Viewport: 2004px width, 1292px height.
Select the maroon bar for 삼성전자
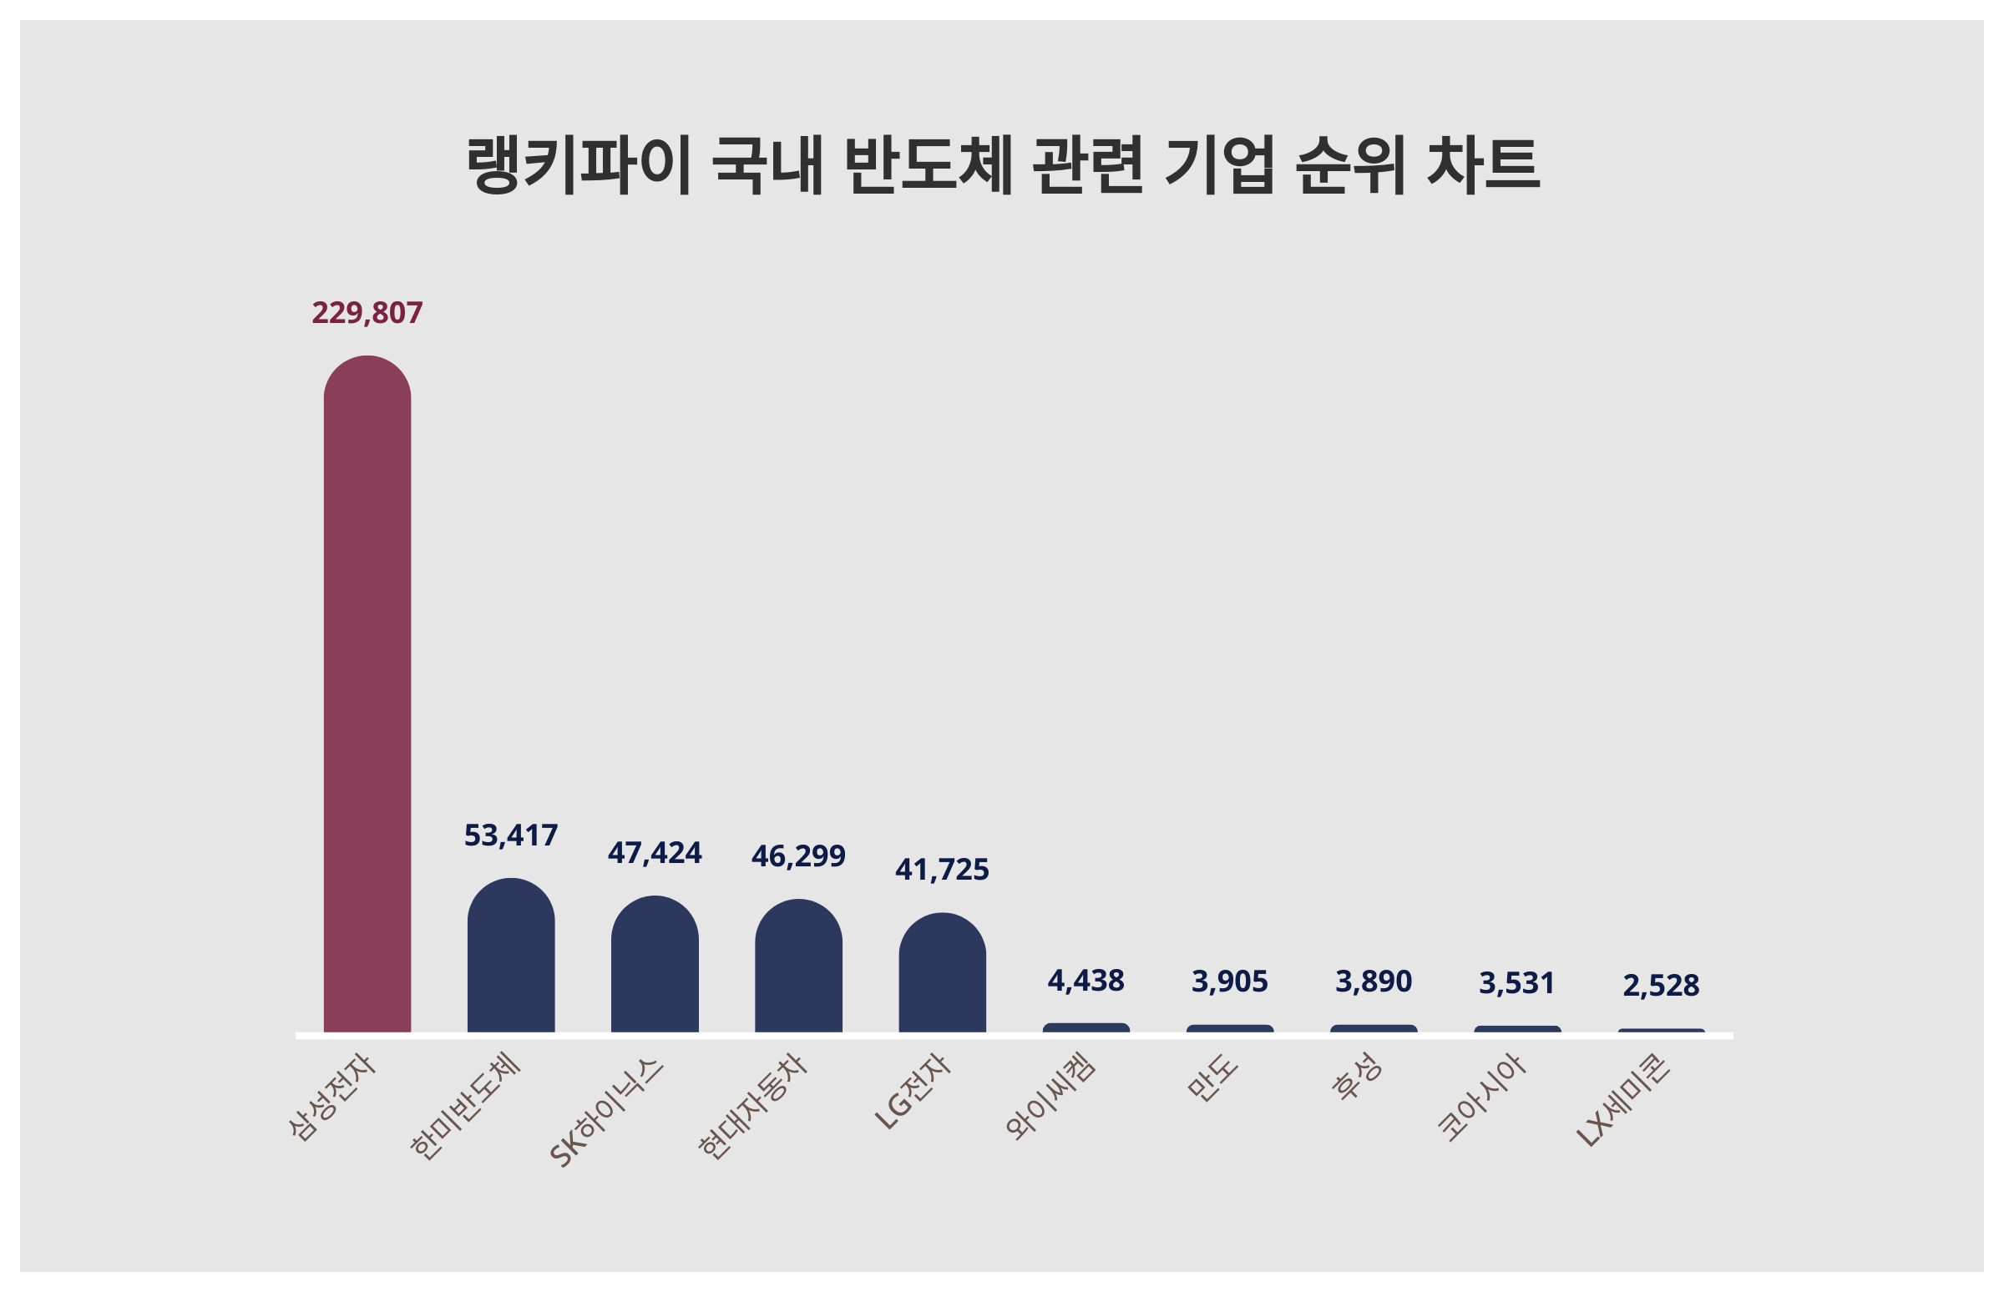tap(367, 696)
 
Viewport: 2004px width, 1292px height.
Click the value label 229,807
tap(367, 313)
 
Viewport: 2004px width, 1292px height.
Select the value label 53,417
tap(510, 835)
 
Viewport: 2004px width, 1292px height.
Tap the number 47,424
tap(655, 853)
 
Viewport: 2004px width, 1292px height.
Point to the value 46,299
tap(798, 855)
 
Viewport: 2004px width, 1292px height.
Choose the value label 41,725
tap(942, 870)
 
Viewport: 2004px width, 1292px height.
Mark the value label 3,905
tap(1229, 982)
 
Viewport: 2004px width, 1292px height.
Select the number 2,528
tap(1661, 986)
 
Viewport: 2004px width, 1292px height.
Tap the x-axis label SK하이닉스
tap(606, 1113)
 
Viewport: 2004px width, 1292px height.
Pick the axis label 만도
tap(1212, 1078)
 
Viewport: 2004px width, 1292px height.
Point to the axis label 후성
tap(1357, 1078)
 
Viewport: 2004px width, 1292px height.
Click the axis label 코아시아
tap(1481, 1098)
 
